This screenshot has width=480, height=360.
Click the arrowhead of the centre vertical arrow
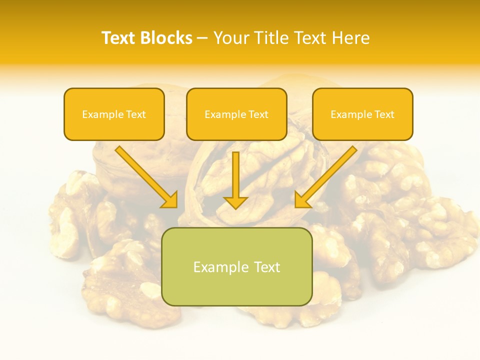tap(235, 202)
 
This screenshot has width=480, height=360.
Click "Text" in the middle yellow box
tap(258, 114)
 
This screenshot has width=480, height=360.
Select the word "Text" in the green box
tap(267, 267)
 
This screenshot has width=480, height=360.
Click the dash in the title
tap(202, 38)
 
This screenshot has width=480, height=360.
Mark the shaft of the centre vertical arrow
tap(235, 172)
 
